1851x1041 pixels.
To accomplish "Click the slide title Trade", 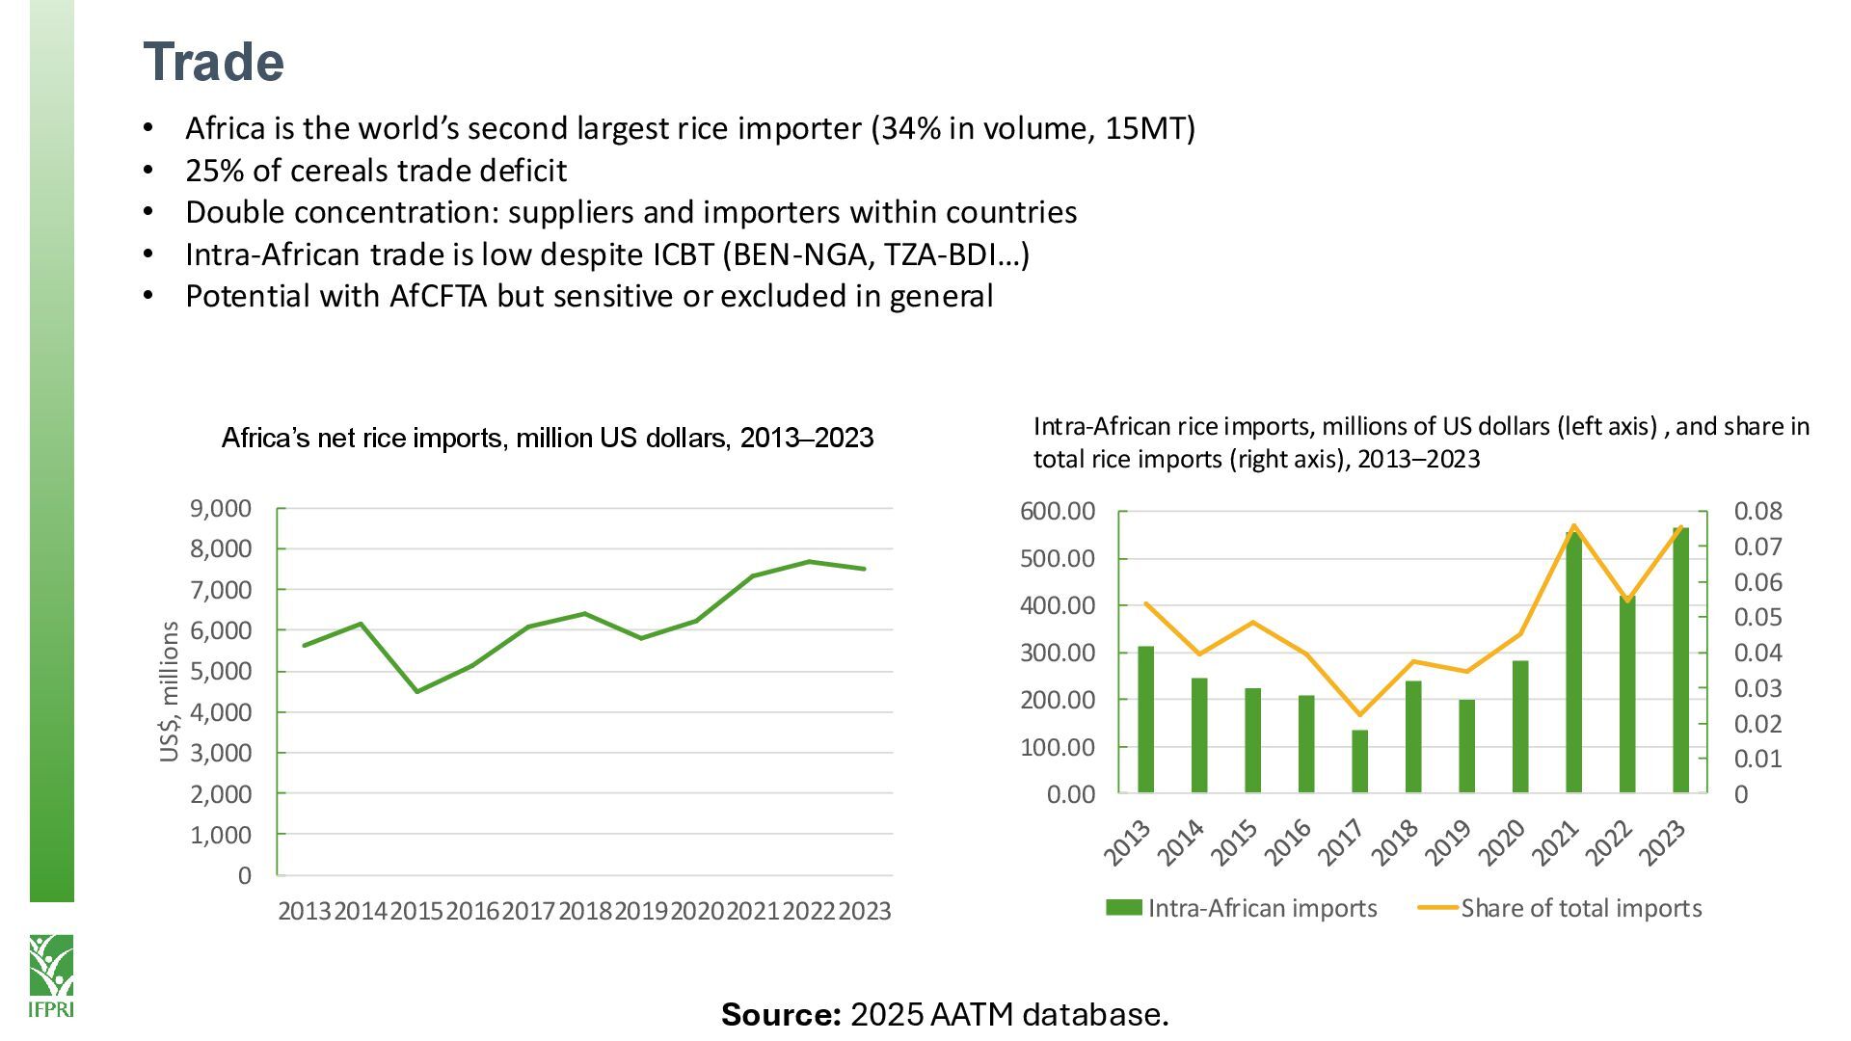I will point(213,63).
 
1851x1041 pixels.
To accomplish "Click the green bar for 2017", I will point(1359,761).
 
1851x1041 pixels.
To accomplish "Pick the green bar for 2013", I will point(1145,719).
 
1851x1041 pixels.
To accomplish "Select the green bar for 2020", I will point(1520,726).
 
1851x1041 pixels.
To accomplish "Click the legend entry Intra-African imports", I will point(1242,908).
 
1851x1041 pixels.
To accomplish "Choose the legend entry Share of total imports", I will point(1562,908).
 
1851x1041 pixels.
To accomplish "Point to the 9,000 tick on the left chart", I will point(220,508).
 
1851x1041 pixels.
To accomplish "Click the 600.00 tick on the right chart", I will point(1058,511).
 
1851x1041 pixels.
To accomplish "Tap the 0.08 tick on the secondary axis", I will point(1757,511).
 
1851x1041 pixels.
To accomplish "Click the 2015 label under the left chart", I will point(416,911).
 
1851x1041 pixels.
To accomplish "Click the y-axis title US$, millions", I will point(170,691).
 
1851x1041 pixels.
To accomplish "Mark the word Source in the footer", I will point(781,1014).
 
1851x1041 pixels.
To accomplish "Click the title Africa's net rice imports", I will point(547,438).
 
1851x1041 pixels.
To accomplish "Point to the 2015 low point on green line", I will point(416,691).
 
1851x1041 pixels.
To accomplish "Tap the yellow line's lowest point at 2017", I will point(1359,714).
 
